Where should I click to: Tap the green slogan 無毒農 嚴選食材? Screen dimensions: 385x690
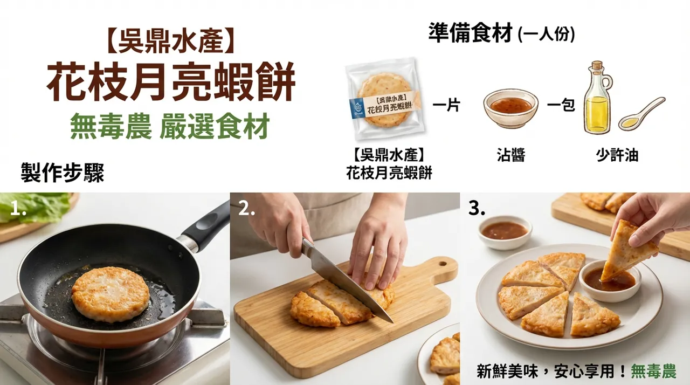click(169, 126)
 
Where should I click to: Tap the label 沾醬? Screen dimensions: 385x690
click(510, 156)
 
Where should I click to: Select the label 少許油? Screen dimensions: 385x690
click(617, 156)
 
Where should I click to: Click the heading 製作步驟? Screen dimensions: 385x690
click(63, 173)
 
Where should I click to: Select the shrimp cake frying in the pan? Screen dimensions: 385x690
click(111, 293)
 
